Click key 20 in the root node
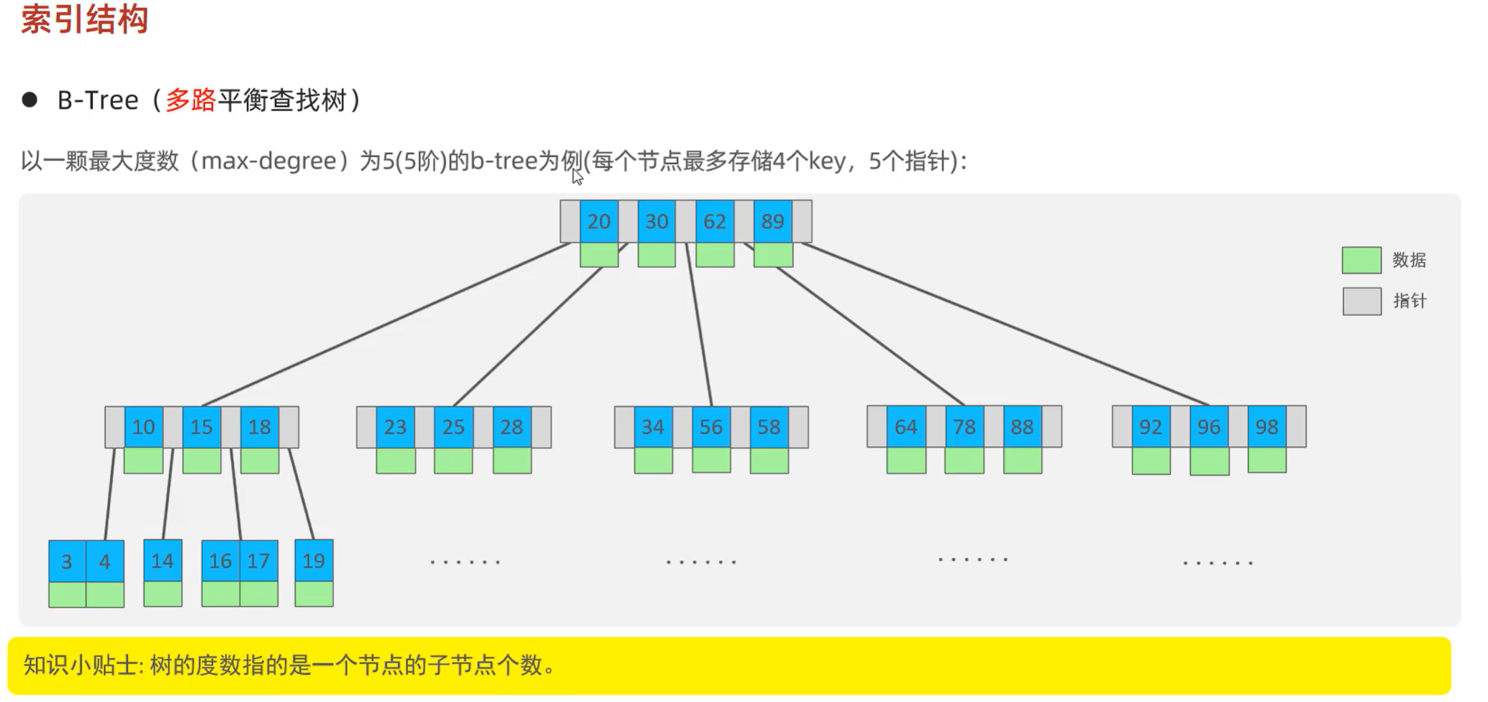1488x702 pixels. (599, 221)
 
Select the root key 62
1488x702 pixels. (715, 221)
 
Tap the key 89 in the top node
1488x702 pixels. (773, 221)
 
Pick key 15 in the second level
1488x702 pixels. (201, 427)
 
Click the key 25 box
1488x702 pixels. (453, 427)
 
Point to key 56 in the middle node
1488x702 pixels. (711, 427)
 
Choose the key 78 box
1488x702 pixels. (964, 427)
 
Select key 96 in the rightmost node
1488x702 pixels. (1209, 427)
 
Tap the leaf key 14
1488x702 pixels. (163, 560)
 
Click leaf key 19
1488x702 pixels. (314, 560)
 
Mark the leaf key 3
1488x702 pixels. (67, 561)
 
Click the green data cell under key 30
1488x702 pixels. (657, 255)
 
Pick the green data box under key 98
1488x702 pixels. (1267, 460)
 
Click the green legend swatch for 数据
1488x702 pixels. (1361, 260)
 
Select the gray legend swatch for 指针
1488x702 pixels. (1361, 301)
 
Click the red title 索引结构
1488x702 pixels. (84, 19)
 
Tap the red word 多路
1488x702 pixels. (190, 100)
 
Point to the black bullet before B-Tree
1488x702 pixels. (29, 100)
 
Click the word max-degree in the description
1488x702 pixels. (269, 161)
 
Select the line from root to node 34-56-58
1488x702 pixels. (699, 326)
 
